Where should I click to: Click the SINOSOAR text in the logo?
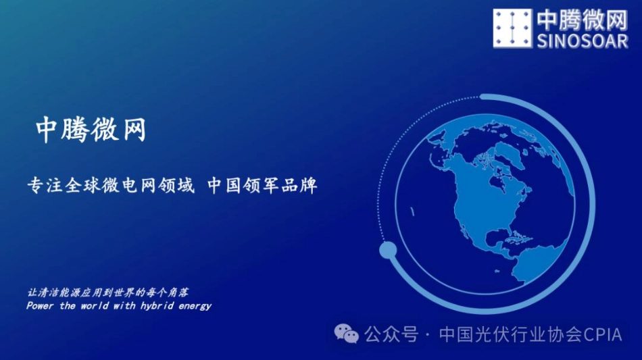pyautogui.click(x=582, y=41)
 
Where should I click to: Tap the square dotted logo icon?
pyautogui.click(x=513, y=28)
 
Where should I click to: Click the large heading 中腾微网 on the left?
pyautogui.click(x=91, y=130)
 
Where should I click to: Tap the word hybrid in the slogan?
pyautogui.click(x=157, y=306)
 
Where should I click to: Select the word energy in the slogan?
pyautogui.click(x=195, y=306)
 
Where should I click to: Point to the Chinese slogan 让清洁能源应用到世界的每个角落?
pyautogui.click(x=107, y=293)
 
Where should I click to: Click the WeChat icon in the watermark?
pyautogui.click(x=347, y=334)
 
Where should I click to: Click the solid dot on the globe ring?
pyautogui.click(x=388, y=251)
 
